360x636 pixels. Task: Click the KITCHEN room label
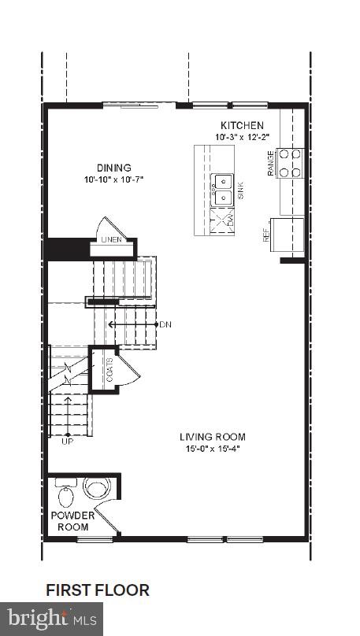pos(242,126)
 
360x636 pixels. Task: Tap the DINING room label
pos(114,168)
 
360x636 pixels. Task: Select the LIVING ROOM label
pos(212,437)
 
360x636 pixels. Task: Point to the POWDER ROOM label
pos(72,521)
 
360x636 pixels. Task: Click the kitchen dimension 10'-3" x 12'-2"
pos(242,137)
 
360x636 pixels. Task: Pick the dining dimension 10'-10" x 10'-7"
pos(114,179)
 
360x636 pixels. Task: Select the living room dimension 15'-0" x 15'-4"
pos(212,449)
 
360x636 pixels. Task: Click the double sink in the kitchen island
pos(223,189)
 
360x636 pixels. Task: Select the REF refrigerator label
pos(267,235)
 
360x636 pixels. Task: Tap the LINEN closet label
pos(110,239)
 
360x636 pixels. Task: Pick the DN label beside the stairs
pos(165,324)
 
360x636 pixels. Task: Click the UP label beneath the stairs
pos(68,442)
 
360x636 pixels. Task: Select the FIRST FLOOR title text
pos(98,590)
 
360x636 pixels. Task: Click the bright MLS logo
pos(52,619)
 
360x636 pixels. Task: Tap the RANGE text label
pos(271,163)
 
